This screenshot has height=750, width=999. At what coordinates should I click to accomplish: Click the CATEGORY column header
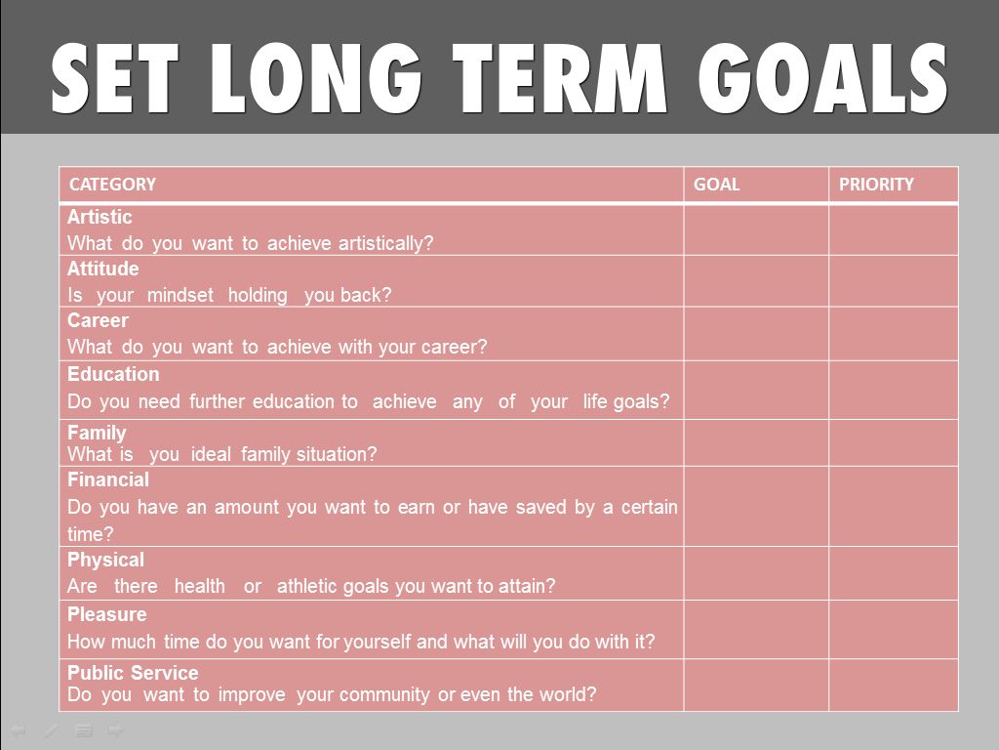pos(112,185)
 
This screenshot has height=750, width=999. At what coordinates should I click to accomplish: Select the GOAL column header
pos(716,185)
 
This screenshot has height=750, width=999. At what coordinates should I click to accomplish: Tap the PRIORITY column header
pos(876,185)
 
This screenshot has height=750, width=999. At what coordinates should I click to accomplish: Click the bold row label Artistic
pos(100,217)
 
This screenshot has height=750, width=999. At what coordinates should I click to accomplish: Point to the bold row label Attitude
pos(103,269)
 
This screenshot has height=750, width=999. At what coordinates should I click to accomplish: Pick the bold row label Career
pos(99,320)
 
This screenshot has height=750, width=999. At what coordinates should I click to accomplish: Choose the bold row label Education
pos(113,374)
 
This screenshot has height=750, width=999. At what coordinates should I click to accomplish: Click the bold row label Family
pos(97,433)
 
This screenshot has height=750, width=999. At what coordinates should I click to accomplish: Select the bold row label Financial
pos(108,479)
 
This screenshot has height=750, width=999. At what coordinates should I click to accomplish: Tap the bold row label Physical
pos(105,560)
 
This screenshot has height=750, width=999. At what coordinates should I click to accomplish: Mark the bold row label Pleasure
pos(107,614)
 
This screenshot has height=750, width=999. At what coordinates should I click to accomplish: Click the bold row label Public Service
pos(133,673)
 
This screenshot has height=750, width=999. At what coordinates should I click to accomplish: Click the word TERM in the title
pos(559,78)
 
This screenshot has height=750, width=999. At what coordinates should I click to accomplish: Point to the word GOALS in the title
pos(822,78)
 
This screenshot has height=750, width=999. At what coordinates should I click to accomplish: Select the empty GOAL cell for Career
pos(756,334)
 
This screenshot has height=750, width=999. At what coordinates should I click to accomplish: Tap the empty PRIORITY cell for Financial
pos(894,507)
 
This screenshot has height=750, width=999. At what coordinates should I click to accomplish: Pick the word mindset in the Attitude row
pos(180,295)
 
